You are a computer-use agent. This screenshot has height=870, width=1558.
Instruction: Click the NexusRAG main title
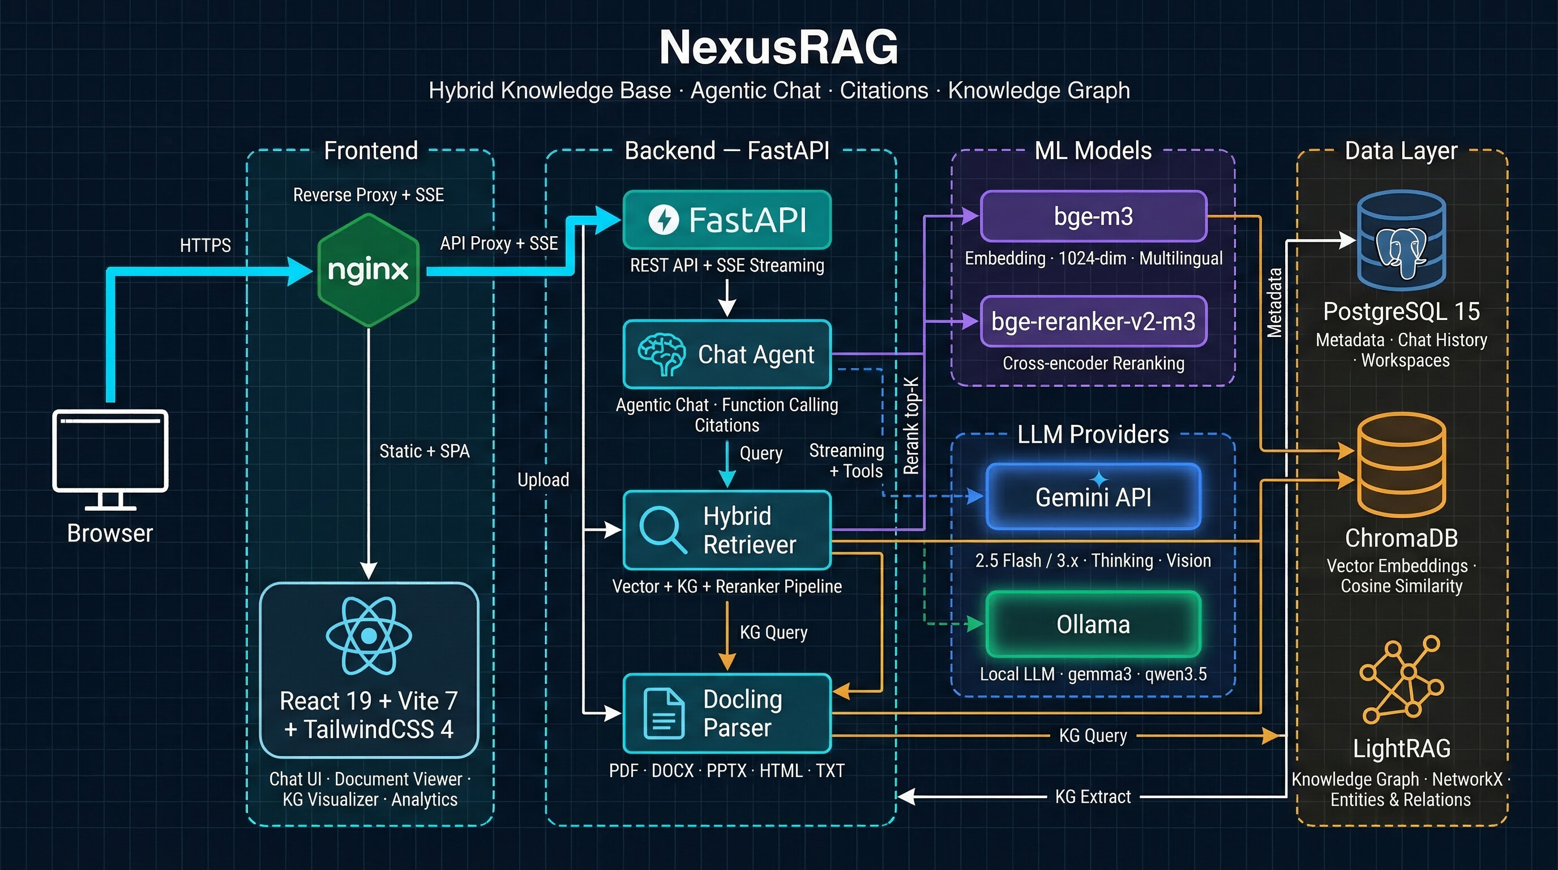[x=778, y=48]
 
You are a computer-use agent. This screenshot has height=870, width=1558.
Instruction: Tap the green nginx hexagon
[x=369, y=270]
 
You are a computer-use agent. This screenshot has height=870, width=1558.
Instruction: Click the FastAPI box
[x=727, y=220]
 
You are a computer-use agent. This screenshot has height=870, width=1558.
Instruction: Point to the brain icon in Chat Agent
[x=661, y=355]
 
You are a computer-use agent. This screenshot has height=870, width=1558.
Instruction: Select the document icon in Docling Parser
[x=664, y=714]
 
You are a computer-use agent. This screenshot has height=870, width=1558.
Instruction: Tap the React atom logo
[x=369, y=636]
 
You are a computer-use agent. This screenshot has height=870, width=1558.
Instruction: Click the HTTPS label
[x=205, y=245]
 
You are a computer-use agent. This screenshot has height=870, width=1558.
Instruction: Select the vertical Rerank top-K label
[x=911, y=426]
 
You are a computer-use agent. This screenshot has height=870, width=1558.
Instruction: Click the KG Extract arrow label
[x=1092, y=797]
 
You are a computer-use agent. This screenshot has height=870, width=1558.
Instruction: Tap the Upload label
[x=543, y=480]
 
